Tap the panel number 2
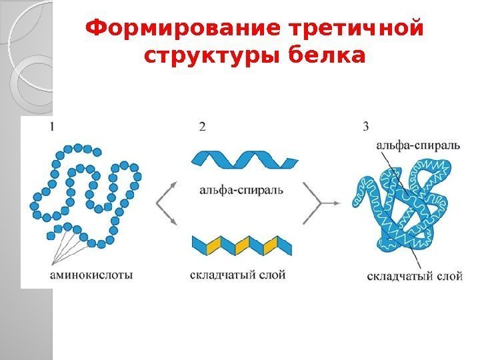coord(202,126)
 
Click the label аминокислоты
coord(91,274)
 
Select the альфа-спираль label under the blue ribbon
coord(242,189)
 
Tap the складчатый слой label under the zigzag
coord(238,275)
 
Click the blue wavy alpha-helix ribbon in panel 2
coord(243,161)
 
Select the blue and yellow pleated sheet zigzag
coord(243,245)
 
